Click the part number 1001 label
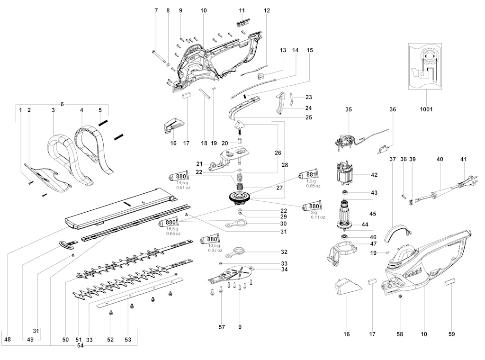pos(425,109)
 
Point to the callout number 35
pos(349,109)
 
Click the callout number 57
pos(222,327)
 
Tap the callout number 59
pos(451,334)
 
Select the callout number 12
pos(267,10)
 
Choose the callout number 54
pos(81,346)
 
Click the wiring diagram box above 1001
pos(425,66)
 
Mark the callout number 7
pos(156,10)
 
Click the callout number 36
pos(393,109)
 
